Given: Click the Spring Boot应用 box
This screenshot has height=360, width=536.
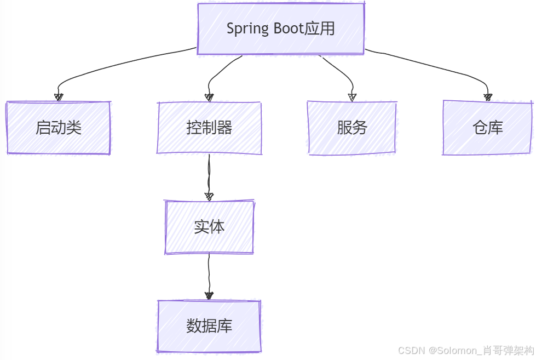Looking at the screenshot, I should pos(280,28).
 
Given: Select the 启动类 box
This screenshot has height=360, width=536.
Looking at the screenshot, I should pos(58,128).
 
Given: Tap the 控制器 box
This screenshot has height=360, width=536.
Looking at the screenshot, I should pos(209,128).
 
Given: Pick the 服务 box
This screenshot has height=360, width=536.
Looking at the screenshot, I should pos(352,128).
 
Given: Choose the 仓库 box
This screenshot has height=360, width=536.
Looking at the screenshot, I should pos(487,128).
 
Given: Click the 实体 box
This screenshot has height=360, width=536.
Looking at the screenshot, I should pos(209,227).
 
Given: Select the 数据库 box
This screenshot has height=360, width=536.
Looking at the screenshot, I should pos(209,326).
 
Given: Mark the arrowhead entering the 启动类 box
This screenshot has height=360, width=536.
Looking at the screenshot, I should pos(59,98).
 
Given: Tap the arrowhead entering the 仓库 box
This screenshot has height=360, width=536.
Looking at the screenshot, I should pos(488,98).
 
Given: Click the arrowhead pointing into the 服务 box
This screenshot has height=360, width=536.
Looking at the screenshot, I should pos(352,98).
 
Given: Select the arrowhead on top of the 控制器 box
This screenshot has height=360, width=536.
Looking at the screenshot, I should pos(209,98).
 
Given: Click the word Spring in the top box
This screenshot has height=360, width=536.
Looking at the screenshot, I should pos(246,29).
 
